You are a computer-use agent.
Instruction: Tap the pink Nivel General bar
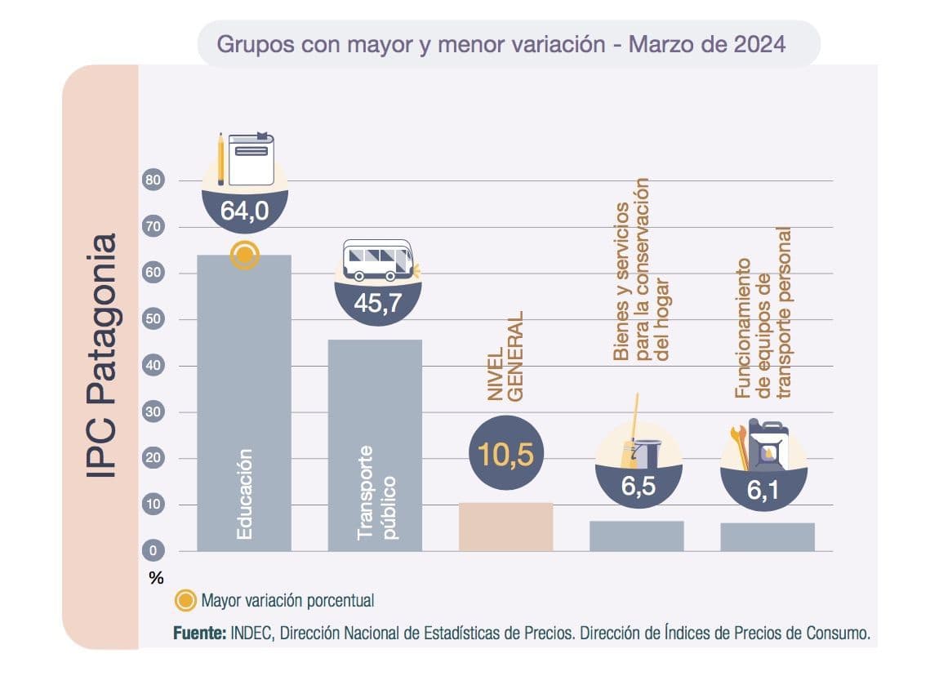(x=505, y=527)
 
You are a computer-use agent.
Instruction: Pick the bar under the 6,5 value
(x=636, y=536)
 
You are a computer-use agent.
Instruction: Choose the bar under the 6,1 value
(x=767, y=536)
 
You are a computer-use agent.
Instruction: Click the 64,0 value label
(x=244, y=211)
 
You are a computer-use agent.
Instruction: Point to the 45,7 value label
(x=377, y=303)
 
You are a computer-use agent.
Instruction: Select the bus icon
(x=377, y=260)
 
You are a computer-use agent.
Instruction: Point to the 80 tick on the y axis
(x=154, y=180)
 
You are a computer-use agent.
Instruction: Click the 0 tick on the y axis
(x=154, y=551)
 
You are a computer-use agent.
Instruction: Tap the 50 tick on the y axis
(x=154, y=319)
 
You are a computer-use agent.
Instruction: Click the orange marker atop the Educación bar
(x=244, y=256)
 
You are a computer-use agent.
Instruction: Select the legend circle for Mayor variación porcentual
(x=186, y=601)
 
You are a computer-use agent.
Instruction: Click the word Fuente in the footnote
(x=199, y=633)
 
